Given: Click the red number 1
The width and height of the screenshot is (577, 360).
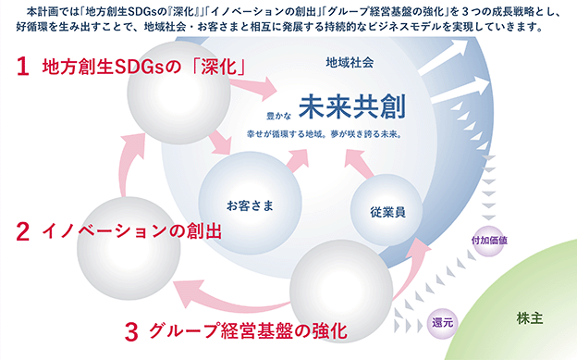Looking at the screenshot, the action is tap(23, 67).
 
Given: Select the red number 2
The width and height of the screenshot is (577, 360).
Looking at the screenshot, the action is tap(23, 231).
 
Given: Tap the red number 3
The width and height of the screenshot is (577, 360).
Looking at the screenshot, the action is tap(131, 331).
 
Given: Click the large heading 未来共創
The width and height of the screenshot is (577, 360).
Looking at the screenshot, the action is tap(352, 106).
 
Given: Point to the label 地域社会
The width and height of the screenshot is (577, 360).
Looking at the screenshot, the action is tap(350, 63).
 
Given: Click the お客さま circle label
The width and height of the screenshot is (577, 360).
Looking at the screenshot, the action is tap(251, 205).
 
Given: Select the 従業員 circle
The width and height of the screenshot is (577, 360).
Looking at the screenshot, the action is tap(387, 210).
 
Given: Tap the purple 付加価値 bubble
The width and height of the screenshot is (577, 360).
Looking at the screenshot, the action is tap(489, 241).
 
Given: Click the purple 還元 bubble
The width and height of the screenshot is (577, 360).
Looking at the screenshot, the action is tap(443, 323).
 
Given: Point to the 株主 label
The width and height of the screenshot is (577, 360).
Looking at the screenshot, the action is tap(530, 318).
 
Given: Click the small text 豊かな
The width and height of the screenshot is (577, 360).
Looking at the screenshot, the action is tap(278, 116).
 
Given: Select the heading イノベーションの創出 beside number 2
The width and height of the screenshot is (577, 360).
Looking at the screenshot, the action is tap(131, 231).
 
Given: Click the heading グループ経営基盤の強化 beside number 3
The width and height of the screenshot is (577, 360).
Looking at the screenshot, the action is tap(249, 331).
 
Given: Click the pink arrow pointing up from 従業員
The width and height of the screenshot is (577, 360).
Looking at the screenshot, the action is tap(359, 163).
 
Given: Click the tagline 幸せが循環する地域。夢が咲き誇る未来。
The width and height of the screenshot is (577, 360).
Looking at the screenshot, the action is tap(325, 134).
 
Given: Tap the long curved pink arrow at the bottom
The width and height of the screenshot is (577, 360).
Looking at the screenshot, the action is tap(228, 298).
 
